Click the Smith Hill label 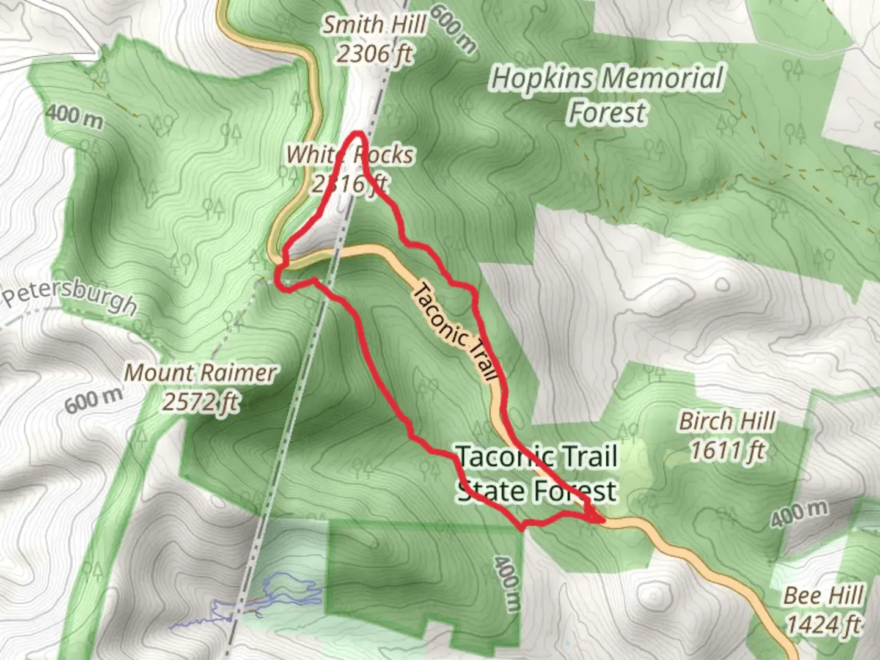tap(374, 25)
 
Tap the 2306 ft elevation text tap(374, 54)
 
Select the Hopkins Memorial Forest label tap(607, 95)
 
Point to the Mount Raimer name tap(200, 373)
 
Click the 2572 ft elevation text tap(200, 402)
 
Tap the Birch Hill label tap(727, 421)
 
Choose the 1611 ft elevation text tap(727, 451)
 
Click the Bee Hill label tap(824, 595)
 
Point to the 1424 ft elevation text tap(824, 625)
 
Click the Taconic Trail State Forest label tap(537, 474)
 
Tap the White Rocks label tap(350, 155)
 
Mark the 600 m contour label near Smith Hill tap(453, 28)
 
